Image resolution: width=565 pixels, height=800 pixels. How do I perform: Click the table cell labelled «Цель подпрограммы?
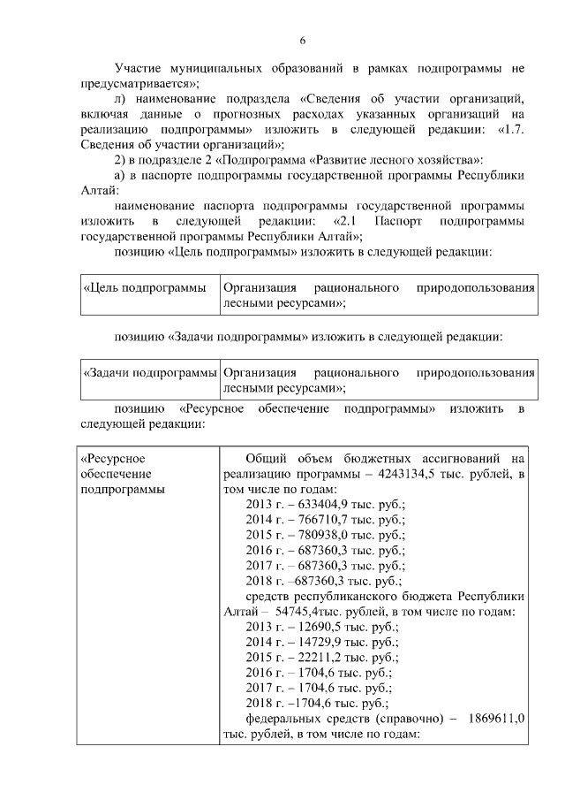(x=144, y=288)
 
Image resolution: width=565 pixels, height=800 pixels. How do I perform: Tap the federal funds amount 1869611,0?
(x=498, y=719)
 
